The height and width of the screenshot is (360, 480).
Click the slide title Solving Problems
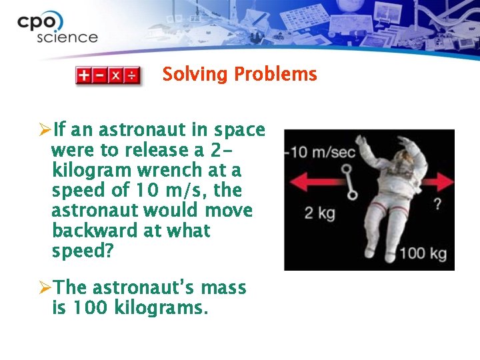[239, 74]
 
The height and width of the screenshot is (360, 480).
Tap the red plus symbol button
[83, 75]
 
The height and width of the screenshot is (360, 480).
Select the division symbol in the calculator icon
[132, 75]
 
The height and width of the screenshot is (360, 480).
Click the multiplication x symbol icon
[116, 75]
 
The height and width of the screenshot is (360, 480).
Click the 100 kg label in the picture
[423, 254]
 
